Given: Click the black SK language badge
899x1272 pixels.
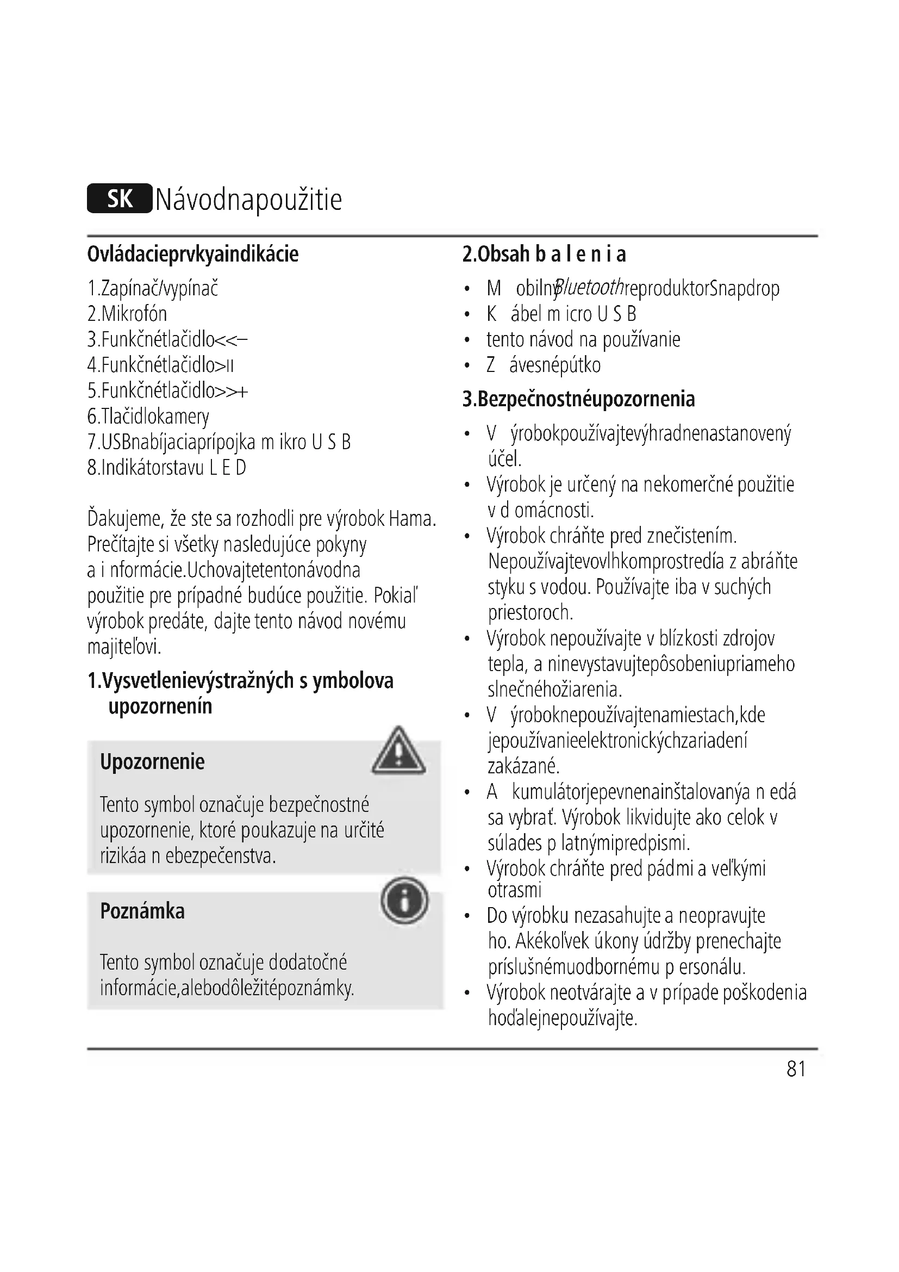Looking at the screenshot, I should click(119, 198).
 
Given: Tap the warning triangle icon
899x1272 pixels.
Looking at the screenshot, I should click(398, 752).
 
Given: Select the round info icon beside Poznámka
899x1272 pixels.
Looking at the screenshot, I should click(404, 900).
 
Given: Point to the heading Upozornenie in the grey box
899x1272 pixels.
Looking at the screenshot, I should click(152, 762).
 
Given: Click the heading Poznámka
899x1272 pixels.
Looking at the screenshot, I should click(142, 911).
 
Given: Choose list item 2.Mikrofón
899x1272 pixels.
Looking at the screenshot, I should click(127, 314).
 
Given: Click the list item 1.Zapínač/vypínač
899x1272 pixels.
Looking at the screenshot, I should click(153, 289).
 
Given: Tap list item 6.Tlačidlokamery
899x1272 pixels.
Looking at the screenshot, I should click(148, 417).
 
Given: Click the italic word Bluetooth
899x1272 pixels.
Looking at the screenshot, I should click(589, 288).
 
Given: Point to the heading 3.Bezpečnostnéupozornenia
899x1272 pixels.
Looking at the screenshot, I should click(578, 399).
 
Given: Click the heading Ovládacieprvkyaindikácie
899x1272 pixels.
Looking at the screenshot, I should click(192, 255).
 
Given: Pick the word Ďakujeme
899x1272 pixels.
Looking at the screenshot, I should click(124, 519).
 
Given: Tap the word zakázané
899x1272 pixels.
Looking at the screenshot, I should click(523, 766).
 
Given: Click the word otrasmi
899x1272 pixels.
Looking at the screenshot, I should click(515, 890).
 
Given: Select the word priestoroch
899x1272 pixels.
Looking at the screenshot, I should click(530, 612).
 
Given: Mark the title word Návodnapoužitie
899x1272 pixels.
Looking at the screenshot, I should click(248, 200).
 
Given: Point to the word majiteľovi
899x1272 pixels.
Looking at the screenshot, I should click(124, 647).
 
